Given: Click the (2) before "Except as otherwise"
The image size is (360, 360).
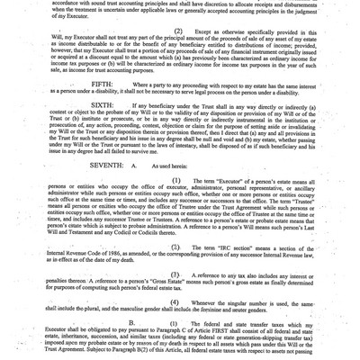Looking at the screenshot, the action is (175, 31).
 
